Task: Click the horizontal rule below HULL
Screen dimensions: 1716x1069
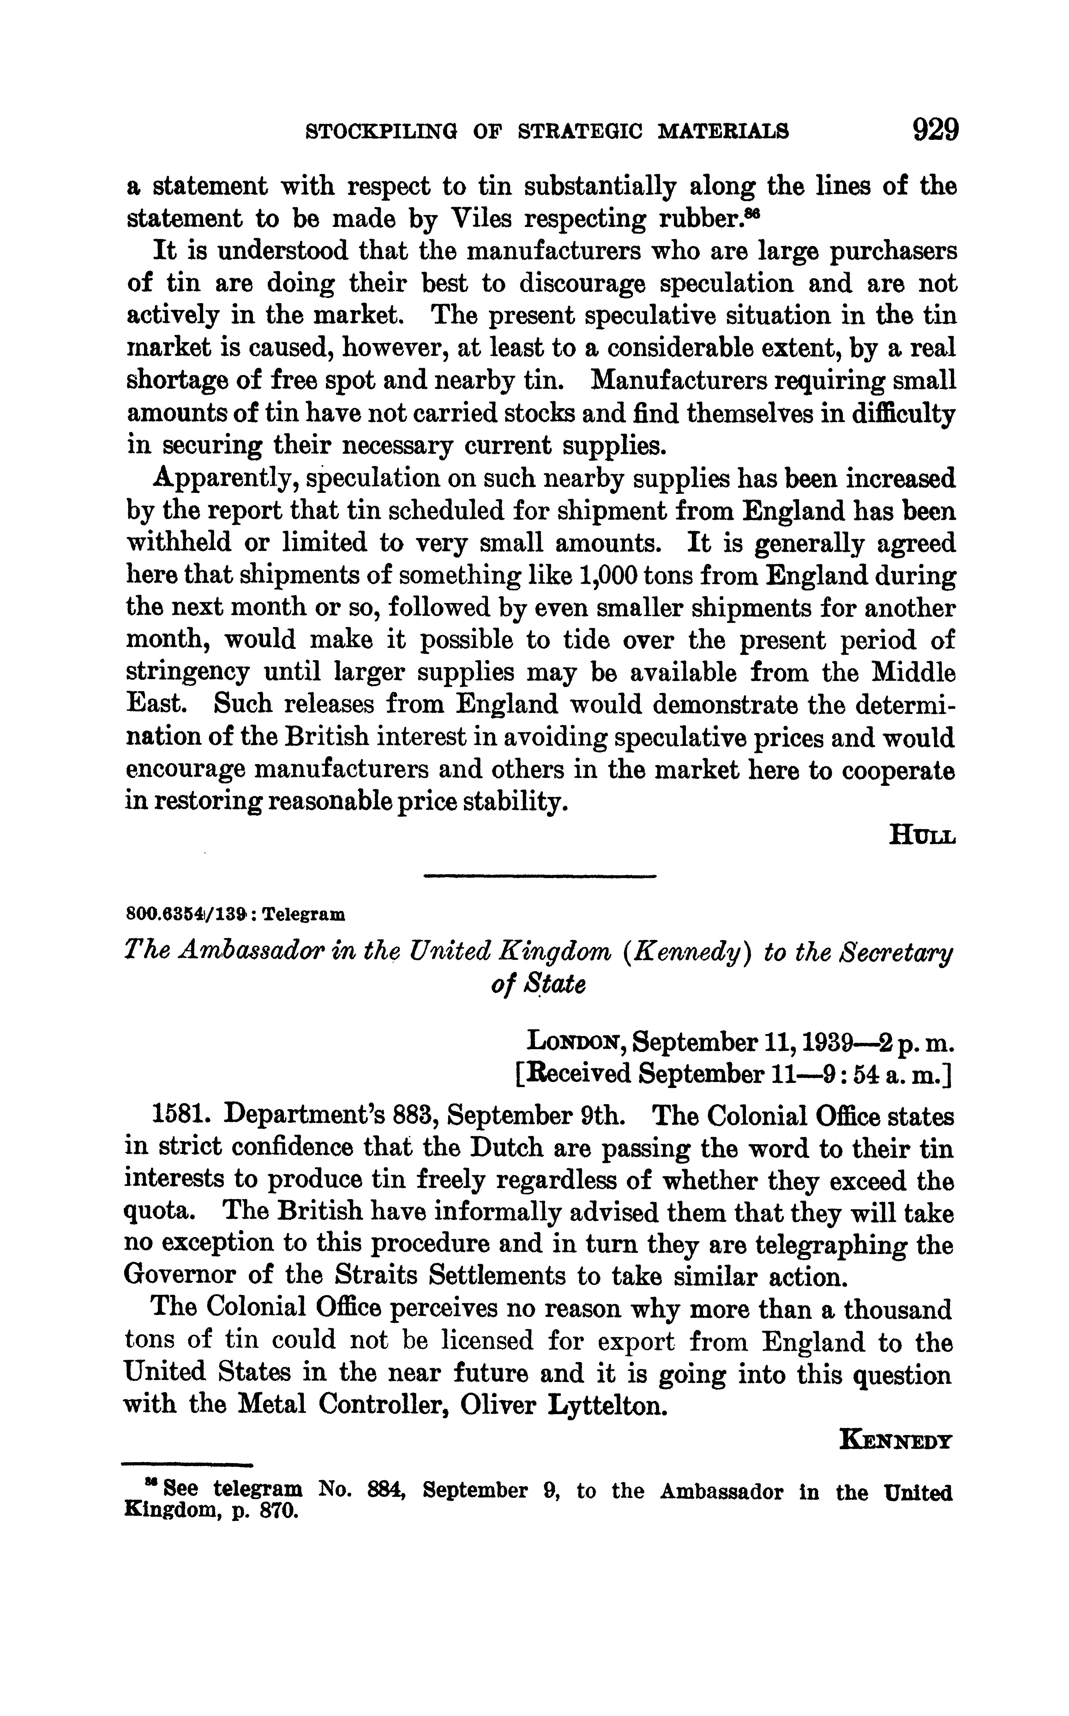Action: pos(539,877)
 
